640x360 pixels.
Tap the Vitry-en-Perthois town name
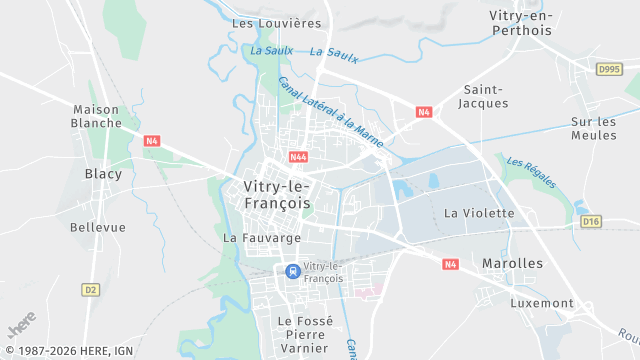[521, 23]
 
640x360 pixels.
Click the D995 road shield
[609, 69]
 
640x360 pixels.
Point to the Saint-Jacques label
[484, 95]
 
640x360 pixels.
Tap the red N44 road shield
[298, 157]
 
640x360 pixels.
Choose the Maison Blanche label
[96, 116]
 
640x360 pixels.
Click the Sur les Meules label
[594, 128]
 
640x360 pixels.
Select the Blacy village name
[103, 174]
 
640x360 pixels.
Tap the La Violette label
[479, 213]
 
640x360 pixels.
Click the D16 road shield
[591, 221]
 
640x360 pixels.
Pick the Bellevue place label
[98, 227]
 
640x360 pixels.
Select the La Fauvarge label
[262, 238]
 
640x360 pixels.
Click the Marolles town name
[512, 263]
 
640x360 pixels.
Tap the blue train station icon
[291, 270]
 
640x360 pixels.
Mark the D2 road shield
[91, 289]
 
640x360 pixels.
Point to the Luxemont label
[542, 302]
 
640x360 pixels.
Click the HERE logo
[21, 326]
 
